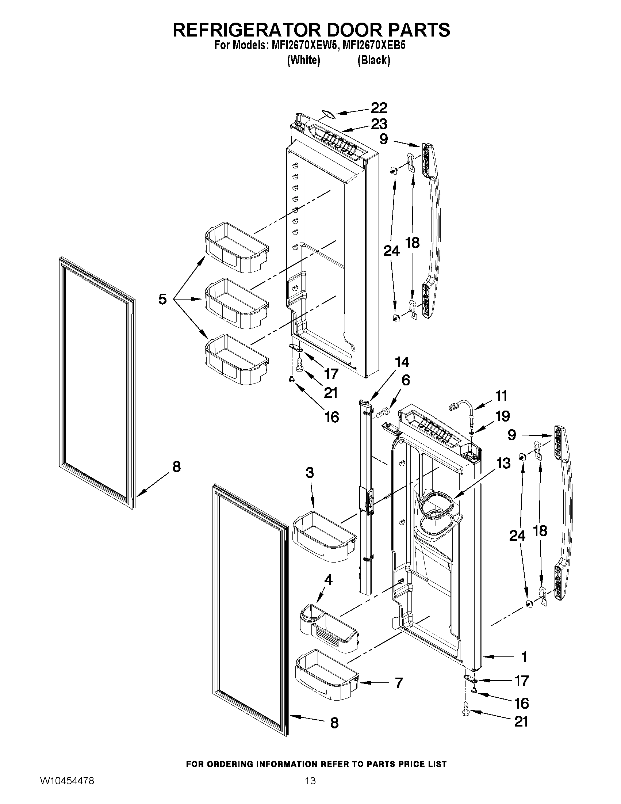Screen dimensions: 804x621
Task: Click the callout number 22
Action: click(x=379, y=108)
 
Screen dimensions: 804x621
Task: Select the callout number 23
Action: click(x=379, y=124)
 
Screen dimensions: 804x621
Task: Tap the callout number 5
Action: click(x=162, y=298)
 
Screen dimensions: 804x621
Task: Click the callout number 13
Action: click(x=503, y=463)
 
